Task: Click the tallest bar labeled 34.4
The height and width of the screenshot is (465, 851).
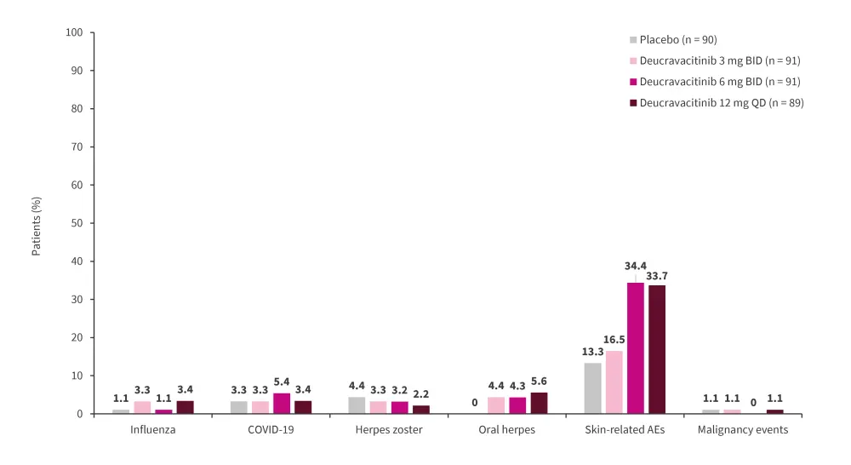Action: pyautogui.click(x=635, y=348)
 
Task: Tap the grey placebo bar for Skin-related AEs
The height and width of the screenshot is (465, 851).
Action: pyautogui.click(x=592, y=388)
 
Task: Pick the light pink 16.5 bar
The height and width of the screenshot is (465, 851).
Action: pyautogui.click(x=614, y=382)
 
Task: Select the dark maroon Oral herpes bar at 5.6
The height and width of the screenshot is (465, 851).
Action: pyautogui.click(x=539, y=403)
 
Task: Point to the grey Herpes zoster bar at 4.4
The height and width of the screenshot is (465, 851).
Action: pyautogui.click(x=357, y=405)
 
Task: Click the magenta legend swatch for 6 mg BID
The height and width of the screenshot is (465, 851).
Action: pyautogui.click(x=633, y=82)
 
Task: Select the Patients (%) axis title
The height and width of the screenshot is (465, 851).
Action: pyautogui.click(x=37, y=227)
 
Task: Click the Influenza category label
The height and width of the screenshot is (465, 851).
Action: pyautogui.click(x=152, y=429)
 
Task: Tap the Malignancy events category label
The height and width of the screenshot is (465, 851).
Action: pyautogui.click(x=743, y=429)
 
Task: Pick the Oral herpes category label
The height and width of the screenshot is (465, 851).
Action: pyautogui.click(x=506, y=429)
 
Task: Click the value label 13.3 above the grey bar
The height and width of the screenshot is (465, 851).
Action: pyautogui.click(x=592, y=352)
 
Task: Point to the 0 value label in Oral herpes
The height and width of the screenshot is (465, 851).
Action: pyautogui.click(x=475, y=403)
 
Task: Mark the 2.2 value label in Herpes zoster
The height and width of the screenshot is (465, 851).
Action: pyautogui.click(x=421, y=394)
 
